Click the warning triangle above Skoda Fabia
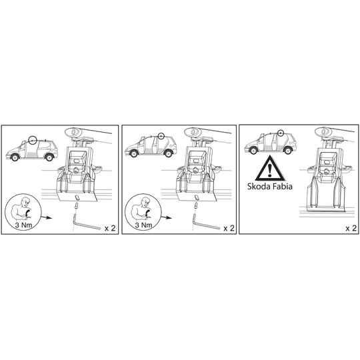tap(270, 168)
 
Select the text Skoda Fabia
tap(270, 186)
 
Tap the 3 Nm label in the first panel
tap(23, 225)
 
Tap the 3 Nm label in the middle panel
tap(143, 225)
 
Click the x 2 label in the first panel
tap(110, 228)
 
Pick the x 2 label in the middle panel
tap(229, 228)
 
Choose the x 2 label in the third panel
tap(351, 228)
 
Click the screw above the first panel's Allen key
tap(76, 206)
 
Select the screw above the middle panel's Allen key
tap(196, 206)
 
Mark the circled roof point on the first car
tap(33, 139)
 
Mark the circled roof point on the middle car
tap(161, 136)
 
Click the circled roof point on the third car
tap(281, 133)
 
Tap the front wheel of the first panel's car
tap(15, 157)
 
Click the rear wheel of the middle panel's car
tap(168, 153)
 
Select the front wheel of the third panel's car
tap(253, 151)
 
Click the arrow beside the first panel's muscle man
tap(47, 217)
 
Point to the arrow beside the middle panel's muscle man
tap(167, 217)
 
